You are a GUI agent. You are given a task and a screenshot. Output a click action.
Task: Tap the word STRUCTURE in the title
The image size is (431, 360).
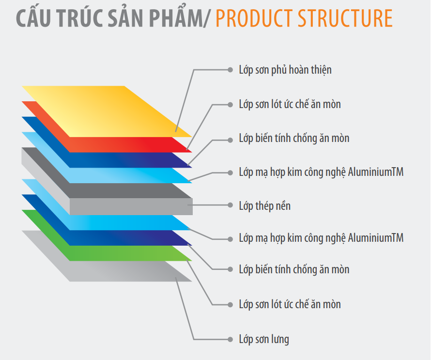[345, 18]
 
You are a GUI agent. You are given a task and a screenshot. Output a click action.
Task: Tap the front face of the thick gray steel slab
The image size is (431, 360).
[131, 206]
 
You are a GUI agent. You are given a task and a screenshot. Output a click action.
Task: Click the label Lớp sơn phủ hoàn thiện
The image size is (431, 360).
[285, 70]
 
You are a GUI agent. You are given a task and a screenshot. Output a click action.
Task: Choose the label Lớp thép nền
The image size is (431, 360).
[264, 206]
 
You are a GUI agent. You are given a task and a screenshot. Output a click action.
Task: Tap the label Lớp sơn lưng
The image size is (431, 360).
[264, 339]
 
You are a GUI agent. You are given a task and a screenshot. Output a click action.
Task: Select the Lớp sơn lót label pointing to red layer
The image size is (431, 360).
[290, 105]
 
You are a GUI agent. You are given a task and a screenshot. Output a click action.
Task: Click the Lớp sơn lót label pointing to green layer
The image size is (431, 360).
[290, 304]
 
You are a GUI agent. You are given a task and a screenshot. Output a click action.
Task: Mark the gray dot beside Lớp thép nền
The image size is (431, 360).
[231, 205]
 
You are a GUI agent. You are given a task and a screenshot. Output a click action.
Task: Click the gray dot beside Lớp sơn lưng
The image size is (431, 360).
[231, 339]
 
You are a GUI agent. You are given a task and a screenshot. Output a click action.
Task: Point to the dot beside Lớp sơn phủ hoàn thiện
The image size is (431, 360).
[231, 70]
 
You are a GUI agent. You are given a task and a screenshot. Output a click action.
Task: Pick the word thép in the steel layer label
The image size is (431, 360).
[266, 206]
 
